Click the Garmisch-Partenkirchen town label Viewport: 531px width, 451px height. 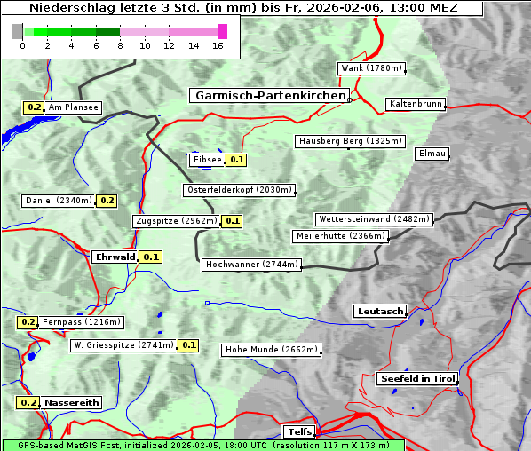coord(268,95)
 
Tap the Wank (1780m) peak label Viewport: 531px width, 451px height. coord(371,68)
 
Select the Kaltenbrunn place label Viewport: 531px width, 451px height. coord(415,104)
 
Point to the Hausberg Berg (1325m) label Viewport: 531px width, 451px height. coord(350,141)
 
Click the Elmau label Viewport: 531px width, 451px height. coord(432,154)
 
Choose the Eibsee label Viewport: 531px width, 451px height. coord(206,160)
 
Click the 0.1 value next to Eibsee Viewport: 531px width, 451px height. coord(236,160)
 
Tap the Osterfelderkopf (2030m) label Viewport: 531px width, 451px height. coord(239,190)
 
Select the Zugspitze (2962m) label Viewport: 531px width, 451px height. coord(175,221)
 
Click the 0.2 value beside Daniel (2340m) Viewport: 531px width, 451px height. coord(107,201)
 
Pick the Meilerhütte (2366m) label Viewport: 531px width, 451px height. coord(341,236)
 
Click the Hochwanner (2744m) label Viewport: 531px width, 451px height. coord(251,265)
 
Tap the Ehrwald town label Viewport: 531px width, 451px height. coord(115,257)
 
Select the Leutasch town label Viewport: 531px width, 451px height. coord(380,311)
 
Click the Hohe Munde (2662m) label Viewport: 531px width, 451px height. coord(271,350)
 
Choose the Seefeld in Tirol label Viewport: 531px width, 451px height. coord(417,378)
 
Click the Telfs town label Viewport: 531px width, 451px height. coord(297,431)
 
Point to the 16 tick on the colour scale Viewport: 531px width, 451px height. coord(218,45)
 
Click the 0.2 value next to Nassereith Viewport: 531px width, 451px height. coord(28,402)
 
